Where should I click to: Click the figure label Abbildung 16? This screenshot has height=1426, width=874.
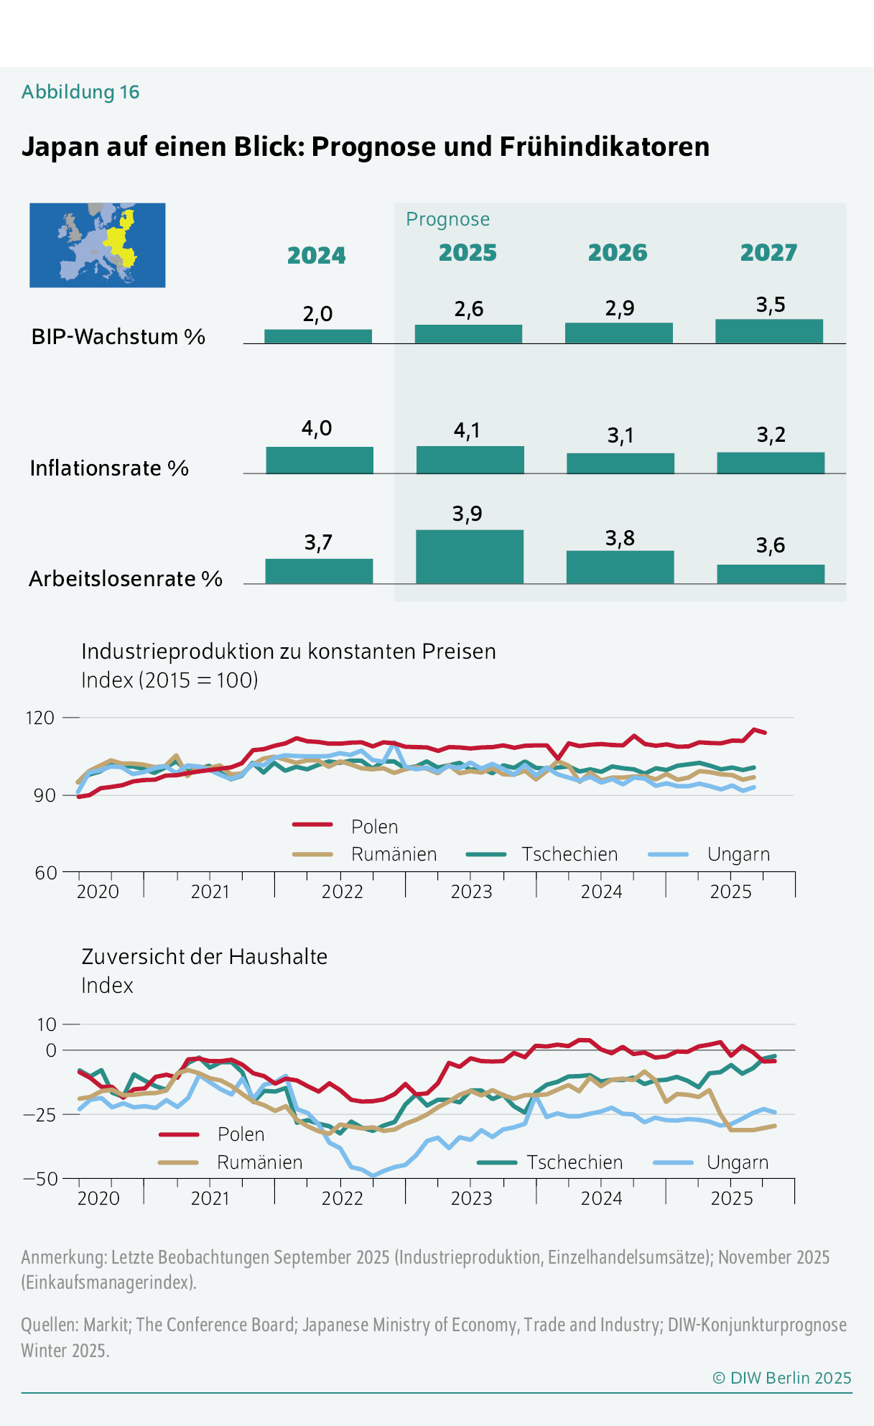pyautogui.click(x=80, y=92)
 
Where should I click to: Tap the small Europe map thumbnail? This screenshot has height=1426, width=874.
pyautogui.click(x=97, y=245)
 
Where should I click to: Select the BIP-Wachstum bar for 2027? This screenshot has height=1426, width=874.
pyautogui.click(x=768, y=331)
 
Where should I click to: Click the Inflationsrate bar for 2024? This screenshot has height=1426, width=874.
pyautogui.click(x=320, y=460)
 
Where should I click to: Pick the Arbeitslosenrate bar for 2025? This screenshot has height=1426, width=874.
pyautogui.click(x=470, y=557)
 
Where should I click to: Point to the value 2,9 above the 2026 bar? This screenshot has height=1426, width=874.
pyautogui.click(x=619, y=308)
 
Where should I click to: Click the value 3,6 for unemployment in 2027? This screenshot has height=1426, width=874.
pyautogui.click(x=770, y=546)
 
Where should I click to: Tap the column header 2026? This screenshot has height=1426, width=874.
pyautogui.click(x=618, y=253)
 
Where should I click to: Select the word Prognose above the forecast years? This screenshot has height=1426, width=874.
pyautogui.click(x=447, y=219)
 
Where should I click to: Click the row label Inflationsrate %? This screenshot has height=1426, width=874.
pyautogui.click(x=109, y=468)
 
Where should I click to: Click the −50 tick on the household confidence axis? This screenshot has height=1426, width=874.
pyautogui.click(x=40, y=1179)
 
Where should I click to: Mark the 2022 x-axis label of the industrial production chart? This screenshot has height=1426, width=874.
pyautogui.click(x=342, y=892)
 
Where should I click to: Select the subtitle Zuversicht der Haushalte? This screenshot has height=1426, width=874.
pyautogui.click(x=204, y=957)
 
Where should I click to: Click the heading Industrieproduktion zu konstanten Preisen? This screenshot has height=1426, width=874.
pyautogui.click(x=289, y=652)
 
